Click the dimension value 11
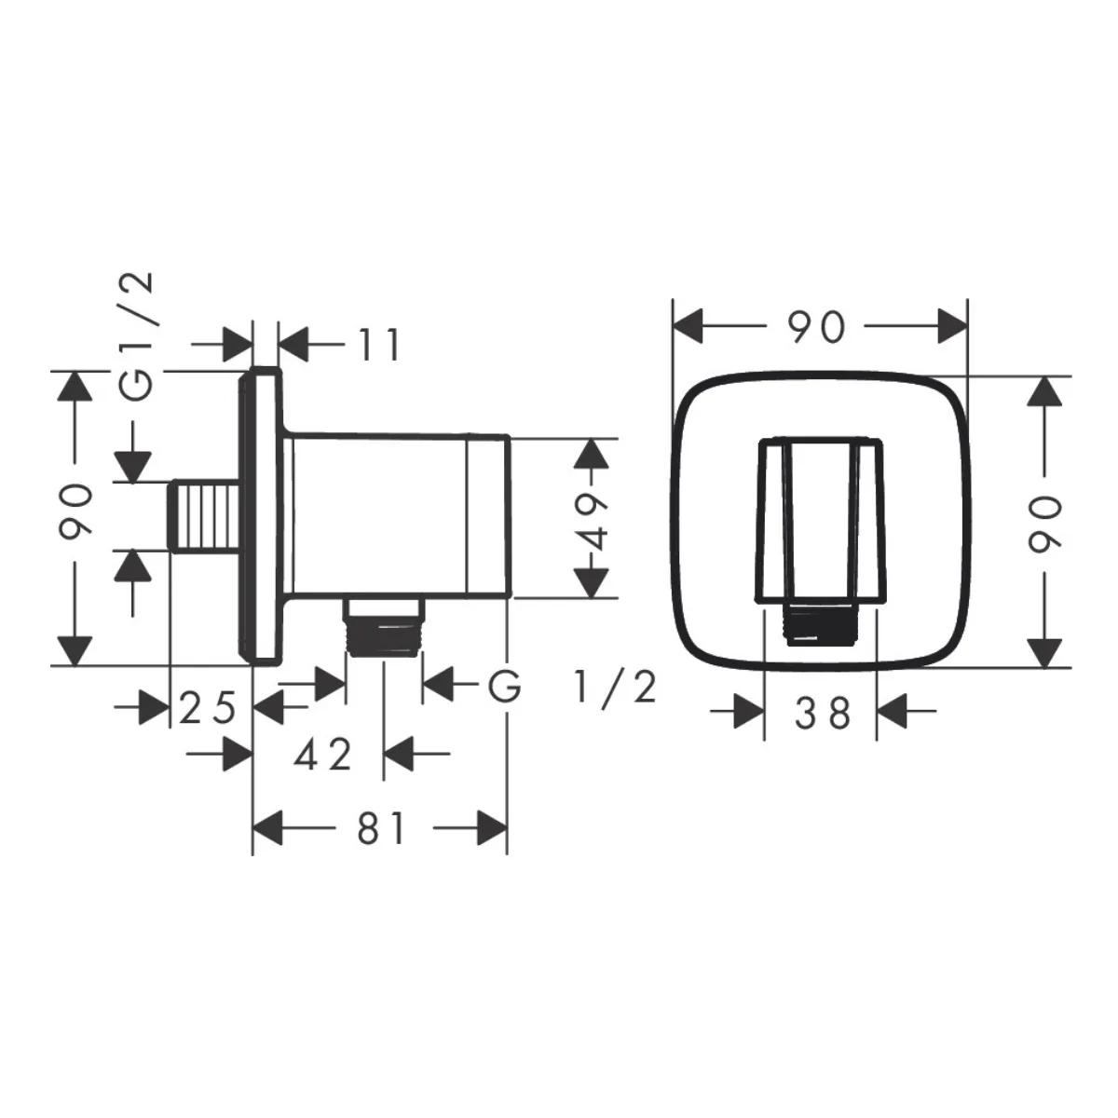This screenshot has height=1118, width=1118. point(379,345)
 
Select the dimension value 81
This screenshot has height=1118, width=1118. point(381,828)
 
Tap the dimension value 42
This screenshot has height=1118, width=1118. point(323,755)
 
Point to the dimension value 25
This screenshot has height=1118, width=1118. point(207,708)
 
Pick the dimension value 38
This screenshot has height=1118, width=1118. point(822,713)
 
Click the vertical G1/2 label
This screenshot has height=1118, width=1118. point(137,336)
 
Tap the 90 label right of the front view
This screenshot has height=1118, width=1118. point(1045,522)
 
